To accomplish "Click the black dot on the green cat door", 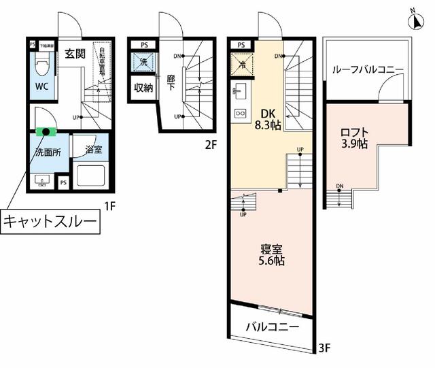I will click(46, 131).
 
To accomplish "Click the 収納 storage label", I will click(143, 87).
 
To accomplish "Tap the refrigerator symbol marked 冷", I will click(241, 65).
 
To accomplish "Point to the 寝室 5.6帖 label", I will click(270, 254).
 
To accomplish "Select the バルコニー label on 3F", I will click(272, 327).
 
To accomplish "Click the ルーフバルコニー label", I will click(368, 69).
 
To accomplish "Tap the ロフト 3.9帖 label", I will click(354, 137).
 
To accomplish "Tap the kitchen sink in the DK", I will click(241, 89).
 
